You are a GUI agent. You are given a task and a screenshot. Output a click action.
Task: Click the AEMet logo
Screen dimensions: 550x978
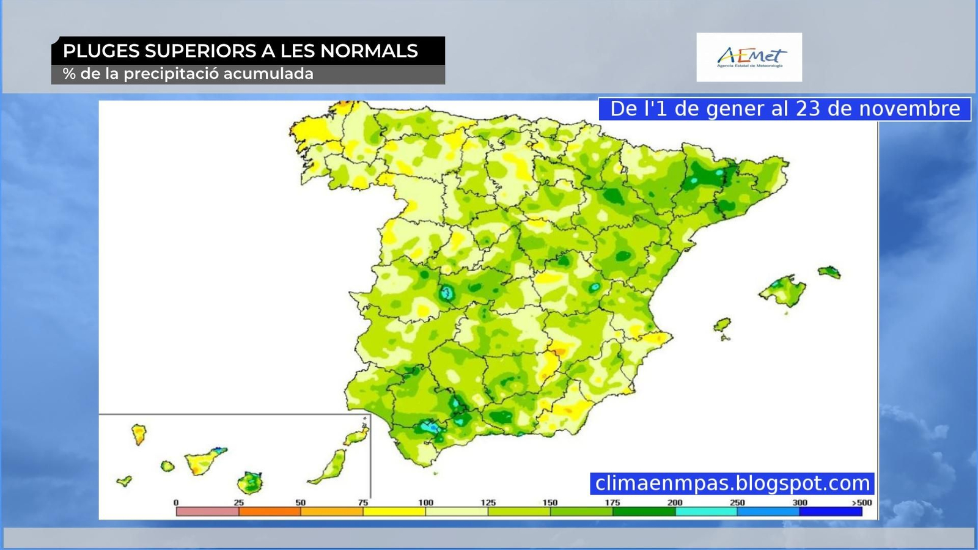[749, 57]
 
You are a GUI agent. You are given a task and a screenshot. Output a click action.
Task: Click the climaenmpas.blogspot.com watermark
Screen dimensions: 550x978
[732, 483]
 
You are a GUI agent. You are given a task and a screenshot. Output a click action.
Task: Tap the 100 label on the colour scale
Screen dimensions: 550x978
[425, 502]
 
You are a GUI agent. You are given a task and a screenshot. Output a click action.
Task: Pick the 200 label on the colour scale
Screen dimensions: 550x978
[675, 502]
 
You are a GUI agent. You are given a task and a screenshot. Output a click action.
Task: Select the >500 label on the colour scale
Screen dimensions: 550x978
[862, 502]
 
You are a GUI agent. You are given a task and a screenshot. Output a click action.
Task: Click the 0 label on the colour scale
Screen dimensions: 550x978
[176, 502]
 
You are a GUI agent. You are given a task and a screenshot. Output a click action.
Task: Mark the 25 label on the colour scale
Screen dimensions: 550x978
[238, 502]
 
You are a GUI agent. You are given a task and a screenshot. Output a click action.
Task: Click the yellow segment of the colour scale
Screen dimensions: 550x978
[394, 512]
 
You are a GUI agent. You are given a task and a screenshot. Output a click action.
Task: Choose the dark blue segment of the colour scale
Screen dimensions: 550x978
[831, 512]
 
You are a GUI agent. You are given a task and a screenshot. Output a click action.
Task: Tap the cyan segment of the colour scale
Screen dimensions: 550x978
[706, 512]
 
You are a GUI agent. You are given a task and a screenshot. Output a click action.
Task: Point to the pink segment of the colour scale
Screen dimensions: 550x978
[207, 512]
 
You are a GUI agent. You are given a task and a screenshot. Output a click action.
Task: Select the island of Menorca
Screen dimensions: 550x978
[829, 272]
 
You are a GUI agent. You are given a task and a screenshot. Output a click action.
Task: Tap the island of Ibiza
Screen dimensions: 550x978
[722, 324]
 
